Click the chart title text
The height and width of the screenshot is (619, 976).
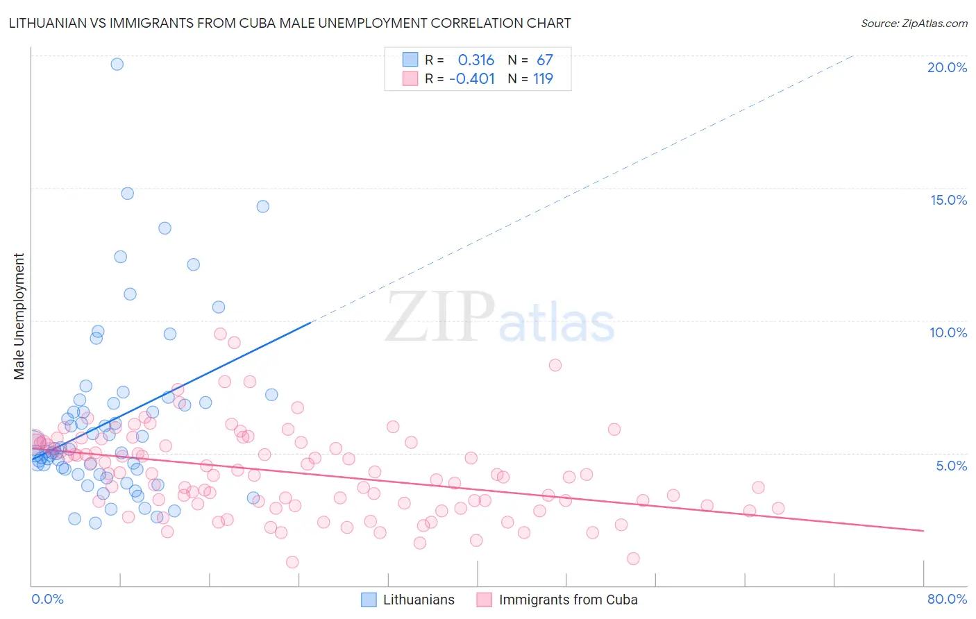289,23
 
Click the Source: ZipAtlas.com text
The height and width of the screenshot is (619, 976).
914,24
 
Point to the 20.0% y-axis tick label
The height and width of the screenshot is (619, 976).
947,67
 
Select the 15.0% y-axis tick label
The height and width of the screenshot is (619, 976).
948,200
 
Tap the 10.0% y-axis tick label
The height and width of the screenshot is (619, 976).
948,332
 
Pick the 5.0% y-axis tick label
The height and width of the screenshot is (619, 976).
951,466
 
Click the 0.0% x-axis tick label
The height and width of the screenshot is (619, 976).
47,599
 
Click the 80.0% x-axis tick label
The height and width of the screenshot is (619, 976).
947,599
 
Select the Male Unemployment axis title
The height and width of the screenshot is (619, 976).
19,316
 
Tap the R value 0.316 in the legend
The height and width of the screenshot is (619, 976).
476,60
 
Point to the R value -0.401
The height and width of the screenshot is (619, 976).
472,79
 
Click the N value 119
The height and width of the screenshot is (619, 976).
543,79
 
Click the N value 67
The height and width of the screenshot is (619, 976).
544,60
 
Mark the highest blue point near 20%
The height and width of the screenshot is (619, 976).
117,64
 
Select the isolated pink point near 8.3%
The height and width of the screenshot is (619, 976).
555,365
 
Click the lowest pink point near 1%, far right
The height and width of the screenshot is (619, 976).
633,559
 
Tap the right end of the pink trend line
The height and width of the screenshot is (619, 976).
923,531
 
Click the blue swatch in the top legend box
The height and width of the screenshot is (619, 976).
410,60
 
